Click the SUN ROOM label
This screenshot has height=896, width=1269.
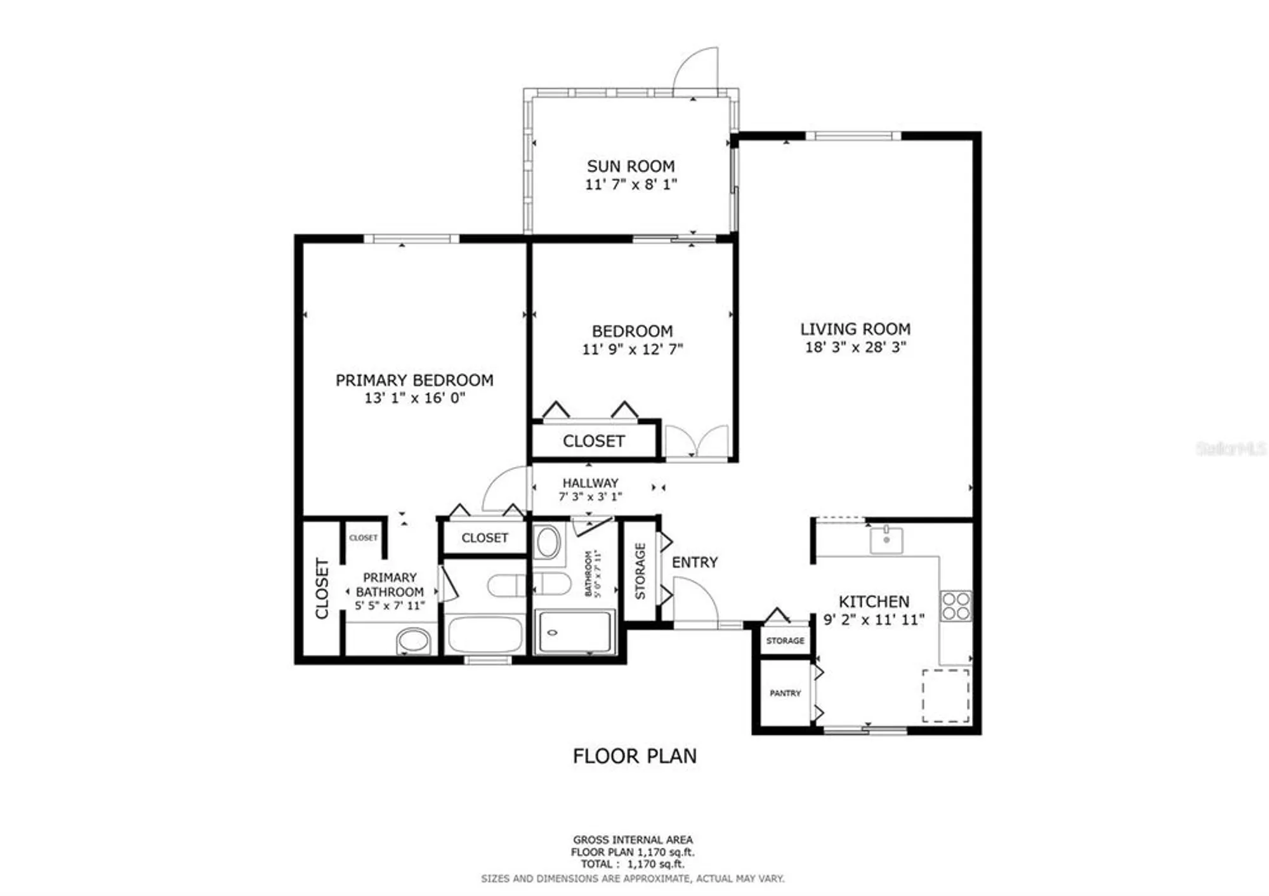630,166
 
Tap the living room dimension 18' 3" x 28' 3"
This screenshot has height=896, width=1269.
855,347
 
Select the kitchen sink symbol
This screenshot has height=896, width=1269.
886,540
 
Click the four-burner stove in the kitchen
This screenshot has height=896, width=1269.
956,606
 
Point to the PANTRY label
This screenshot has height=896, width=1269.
785,694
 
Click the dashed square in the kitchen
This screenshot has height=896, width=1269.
945,695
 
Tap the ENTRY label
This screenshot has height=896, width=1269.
694,562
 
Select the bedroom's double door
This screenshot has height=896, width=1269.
697,442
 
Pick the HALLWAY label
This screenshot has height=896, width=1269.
590,483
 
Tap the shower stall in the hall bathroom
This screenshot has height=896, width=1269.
575,631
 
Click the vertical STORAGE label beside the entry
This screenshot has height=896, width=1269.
640,571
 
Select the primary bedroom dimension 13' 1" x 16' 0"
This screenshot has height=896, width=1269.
414,398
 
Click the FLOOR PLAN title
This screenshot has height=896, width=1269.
634,756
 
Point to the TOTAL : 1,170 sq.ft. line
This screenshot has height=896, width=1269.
632,864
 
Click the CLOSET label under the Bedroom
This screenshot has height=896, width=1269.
594,441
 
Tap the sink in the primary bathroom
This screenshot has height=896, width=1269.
413,641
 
